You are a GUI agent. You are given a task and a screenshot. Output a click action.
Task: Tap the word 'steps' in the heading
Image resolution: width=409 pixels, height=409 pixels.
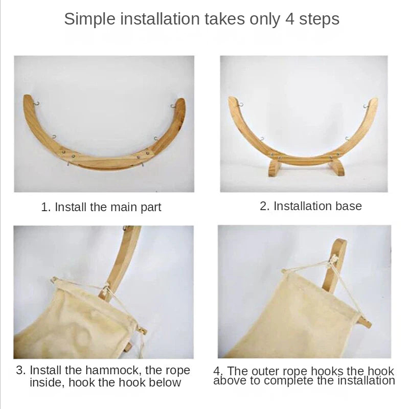317,19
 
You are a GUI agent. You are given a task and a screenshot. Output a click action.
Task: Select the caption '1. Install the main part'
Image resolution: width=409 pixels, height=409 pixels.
101,207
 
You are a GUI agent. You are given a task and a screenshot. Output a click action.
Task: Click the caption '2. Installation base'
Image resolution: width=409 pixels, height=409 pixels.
311,206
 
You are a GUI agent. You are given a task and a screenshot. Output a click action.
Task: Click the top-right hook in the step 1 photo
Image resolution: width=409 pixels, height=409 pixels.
173,106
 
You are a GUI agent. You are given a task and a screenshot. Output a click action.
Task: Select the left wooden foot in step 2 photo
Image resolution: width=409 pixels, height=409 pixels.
274,167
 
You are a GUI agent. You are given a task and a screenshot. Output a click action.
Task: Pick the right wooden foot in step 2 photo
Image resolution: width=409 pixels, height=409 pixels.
336,167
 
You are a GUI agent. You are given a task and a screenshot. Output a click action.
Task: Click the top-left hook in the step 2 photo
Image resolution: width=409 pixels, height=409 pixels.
240,104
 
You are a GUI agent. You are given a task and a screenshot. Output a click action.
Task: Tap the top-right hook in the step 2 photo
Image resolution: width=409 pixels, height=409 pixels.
366,106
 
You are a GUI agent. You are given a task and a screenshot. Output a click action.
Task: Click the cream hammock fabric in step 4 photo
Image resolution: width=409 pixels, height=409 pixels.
297,317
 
